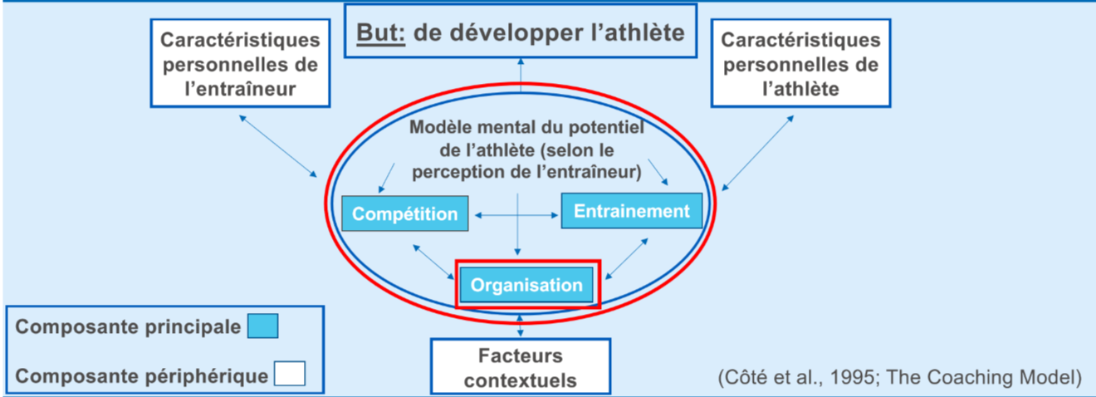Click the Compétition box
404,213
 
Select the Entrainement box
632,211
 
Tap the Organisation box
526,285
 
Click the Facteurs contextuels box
520,368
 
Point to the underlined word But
379,32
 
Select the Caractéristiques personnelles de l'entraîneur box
239,64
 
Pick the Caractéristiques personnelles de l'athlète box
800,64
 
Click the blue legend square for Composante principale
262,326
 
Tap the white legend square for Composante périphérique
289,375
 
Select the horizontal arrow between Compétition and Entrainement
516,216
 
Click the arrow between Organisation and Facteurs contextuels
521,325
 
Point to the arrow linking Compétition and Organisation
431,261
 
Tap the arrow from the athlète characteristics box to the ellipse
756,152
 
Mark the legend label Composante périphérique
142,375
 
